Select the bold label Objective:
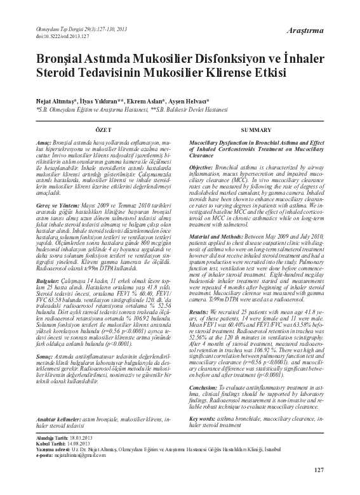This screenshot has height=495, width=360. click(204, 167)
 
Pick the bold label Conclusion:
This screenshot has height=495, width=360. click(206, 386)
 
